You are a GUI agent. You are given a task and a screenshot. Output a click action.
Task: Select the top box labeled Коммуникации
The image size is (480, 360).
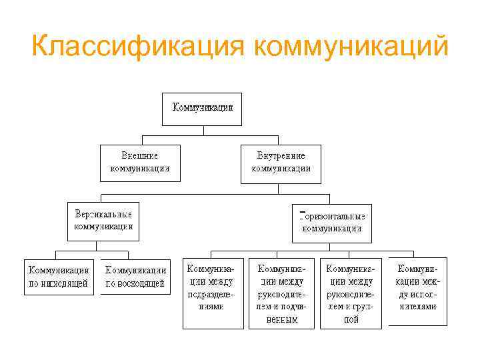point(203,109)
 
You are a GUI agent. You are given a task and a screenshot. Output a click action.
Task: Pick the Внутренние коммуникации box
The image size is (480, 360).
point(281,163)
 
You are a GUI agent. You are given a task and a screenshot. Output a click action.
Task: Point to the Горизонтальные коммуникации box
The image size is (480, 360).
point(332,223)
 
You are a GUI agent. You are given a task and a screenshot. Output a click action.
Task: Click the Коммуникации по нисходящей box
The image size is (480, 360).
point(59,277)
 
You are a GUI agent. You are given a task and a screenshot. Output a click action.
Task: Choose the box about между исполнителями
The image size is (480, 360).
point(418,292)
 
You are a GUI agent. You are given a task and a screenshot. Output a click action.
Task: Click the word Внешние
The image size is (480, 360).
point(139,156)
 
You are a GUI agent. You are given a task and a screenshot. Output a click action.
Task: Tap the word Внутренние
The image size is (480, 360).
point(281,156)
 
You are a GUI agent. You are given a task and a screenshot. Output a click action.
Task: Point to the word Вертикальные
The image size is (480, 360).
point(103,214)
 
